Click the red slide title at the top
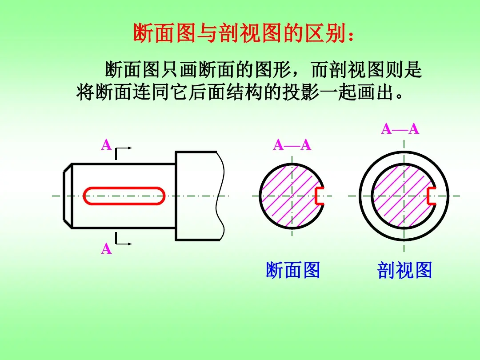(244, 33)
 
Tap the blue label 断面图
(293, 270)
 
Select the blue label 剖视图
(404, 270)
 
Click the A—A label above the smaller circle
(292, 145)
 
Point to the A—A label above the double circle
(400, 129)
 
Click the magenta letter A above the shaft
(106, 145)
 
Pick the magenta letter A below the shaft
(106, 248)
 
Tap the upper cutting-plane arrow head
(130, 148)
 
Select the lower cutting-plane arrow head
(130, 244)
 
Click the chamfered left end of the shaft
(68, 196)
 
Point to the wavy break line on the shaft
(221, 196)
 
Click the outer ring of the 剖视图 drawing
(404, 152)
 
